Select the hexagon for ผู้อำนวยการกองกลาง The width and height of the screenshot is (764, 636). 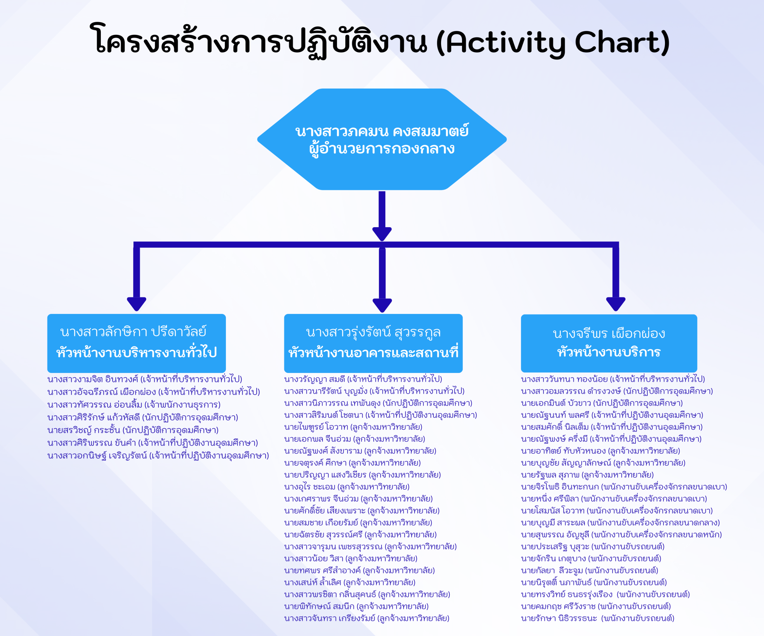point(382,139)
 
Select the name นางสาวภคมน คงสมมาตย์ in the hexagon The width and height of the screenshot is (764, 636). point(382,131)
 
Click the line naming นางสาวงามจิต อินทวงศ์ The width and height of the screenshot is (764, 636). point(145,379)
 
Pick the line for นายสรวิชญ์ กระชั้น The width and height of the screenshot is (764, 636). point(133,430)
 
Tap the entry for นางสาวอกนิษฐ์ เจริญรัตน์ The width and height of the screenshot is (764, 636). point(158,455)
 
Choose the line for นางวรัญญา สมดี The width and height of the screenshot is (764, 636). point(363,379)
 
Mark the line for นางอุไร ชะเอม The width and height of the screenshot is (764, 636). point(347,487)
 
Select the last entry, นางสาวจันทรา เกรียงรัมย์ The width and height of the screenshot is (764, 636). point(367,618)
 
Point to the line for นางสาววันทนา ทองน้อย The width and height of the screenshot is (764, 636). point(613,379)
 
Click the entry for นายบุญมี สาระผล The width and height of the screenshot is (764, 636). point(620,523)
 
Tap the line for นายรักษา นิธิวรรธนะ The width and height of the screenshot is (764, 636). point(598,618)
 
